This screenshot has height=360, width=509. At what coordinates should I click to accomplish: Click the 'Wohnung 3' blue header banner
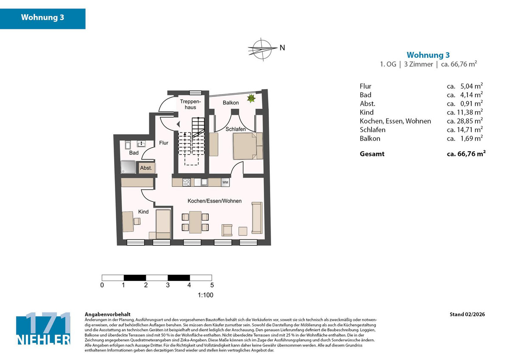[x=42, y=18]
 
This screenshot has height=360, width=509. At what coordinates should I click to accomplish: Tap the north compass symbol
[x=262, y=47]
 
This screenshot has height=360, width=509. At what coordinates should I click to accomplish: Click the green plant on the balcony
[x=251, y=98]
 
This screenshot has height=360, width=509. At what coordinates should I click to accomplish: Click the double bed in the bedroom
[x=245, y=146]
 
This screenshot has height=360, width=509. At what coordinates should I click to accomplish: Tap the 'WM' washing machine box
[x=225, y=182]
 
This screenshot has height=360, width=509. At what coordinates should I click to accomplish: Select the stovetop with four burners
[x=186, y=182]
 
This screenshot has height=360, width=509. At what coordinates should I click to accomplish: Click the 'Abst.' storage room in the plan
[x=146, y=168]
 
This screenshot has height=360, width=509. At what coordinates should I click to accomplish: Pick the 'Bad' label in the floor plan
[x=134, y=153]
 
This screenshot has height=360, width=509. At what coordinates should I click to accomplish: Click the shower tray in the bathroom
[x=128, y=167]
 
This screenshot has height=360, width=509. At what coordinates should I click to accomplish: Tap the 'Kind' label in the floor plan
[x=143, y=211]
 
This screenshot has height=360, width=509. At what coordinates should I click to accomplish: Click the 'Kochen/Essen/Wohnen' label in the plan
[x=215, y=201]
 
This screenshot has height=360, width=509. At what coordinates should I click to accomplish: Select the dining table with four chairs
[x=196, y=222]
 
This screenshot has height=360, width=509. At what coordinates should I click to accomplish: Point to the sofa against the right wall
[x=257, y=217]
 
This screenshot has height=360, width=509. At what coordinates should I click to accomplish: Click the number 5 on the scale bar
[x=212, y=285]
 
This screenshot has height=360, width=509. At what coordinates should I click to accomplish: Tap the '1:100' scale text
[x=205, y=295]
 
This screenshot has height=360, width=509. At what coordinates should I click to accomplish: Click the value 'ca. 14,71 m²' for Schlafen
[x=464, y=129]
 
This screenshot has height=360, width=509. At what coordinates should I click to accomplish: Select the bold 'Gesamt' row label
[x=372, y=154]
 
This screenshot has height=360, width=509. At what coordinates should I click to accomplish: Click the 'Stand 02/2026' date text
[x=467, y=315]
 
